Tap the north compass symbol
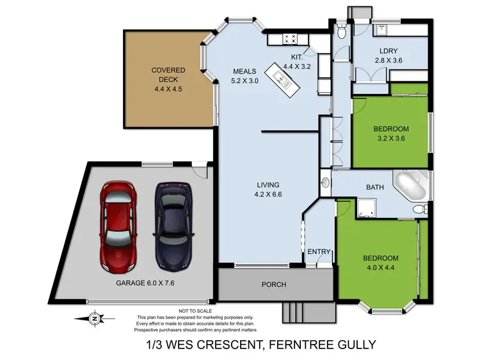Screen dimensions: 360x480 pyautogui.click(x=95, y=318)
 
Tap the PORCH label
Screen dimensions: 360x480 pyautogui.click(x=273, y=285)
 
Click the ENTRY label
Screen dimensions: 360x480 pyautogui.click(x=319, y=252)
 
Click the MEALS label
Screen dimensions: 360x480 pyautogui.click(x=244, y=71)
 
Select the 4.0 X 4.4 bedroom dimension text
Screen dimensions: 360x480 pyautogui.click(x=381, y=269)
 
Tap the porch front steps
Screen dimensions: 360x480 pyautogui.click(x=300, y=313)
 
